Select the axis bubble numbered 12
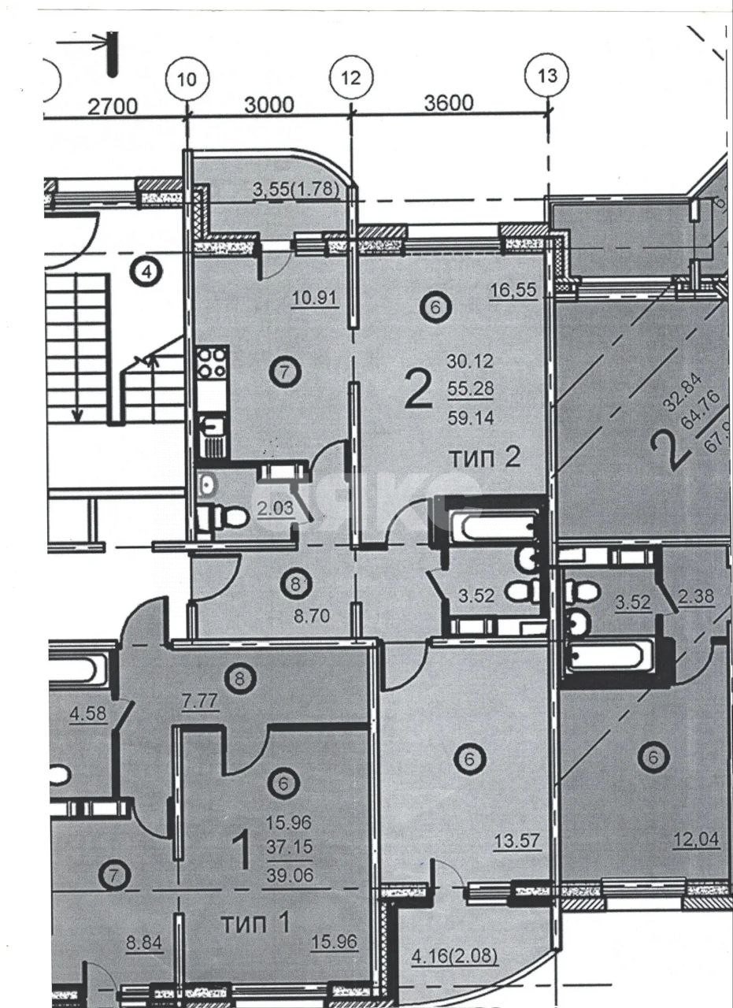(351, 77)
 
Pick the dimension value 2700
(113, 106)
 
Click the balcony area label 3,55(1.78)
(295, 189)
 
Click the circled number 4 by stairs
(147, 273)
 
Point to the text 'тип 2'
(484, 458)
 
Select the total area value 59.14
(470, 420)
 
